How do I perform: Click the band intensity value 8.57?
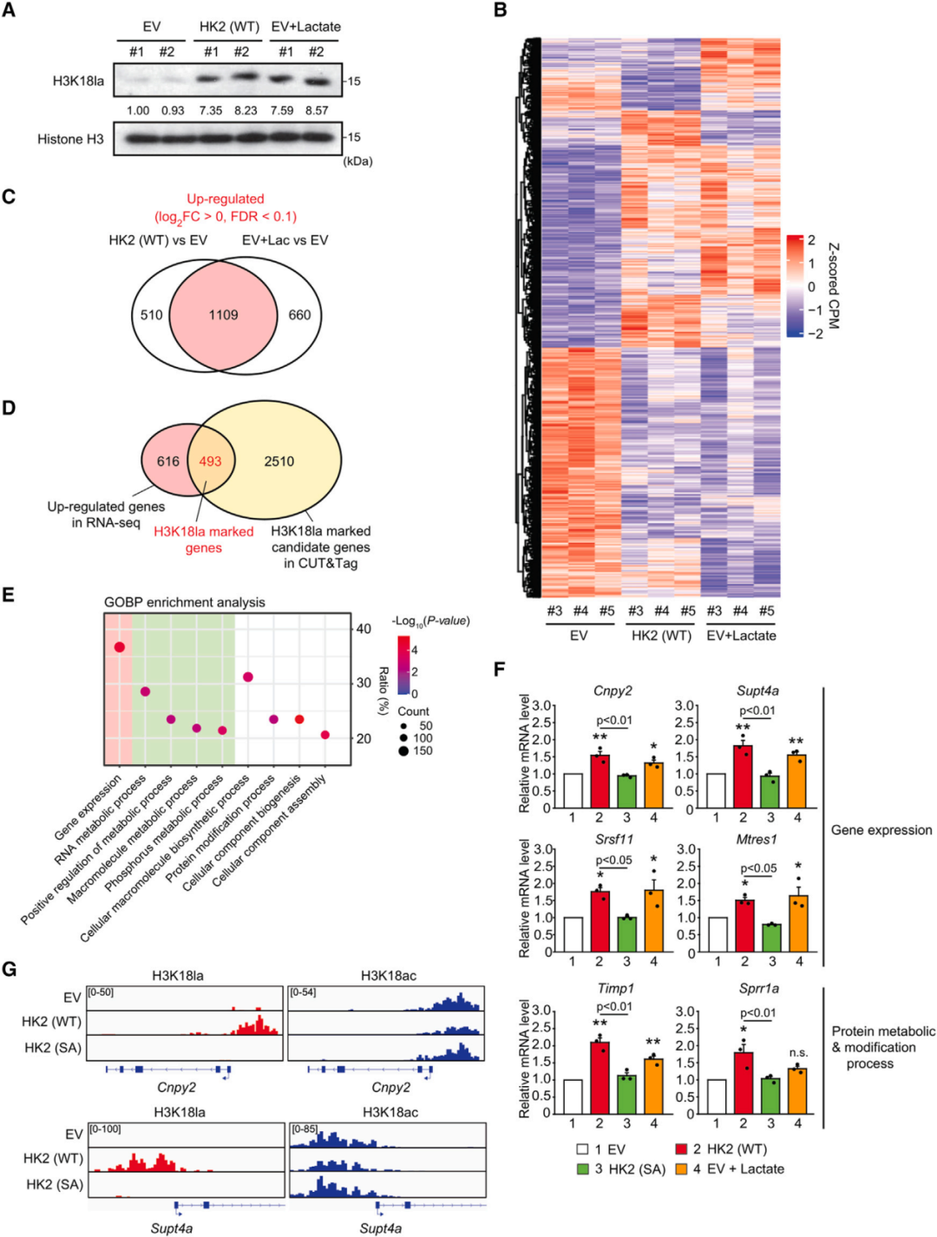(317, 110)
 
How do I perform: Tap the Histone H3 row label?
(70, 139)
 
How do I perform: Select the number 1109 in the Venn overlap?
(223, 315)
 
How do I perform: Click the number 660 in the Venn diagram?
(299, 315)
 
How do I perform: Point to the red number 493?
(210, 461)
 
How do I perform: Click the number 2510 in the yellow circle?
(279, 461)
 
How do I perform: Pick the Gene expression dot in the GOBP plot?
(119, 647)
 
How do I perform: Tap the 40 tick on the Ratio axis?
(364, 629)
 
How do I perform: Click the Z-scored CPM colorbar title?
(833, 285)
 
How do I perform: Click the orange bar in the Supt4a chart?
(796, 782)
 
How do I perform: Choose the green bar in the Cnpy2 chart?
(626, 791)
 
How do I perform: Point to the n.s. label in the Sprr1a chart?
(798, 1053)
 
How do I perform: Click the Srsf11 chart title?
(613, 840)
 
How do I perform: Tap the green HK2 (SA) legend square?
(583, 1168)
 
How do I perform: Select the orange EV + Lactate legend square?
(681, 1168)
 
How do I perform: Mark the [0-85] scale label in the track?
(305, 1129)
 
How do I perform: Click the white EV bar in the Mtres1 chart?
(717, 935)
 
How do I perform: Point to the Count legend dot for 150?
(403, 750)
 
